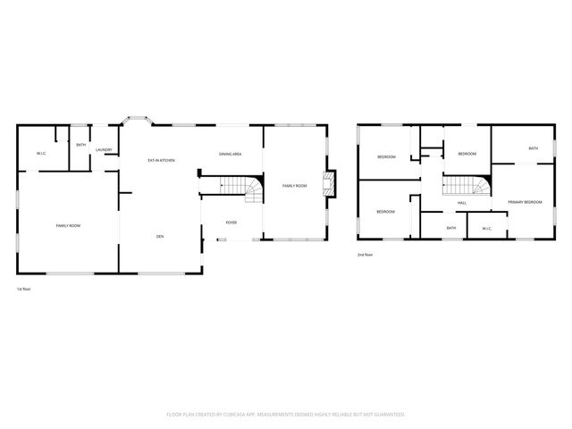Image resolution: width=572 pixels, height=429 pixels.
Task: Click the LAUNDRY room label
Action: click(x=105, y=150)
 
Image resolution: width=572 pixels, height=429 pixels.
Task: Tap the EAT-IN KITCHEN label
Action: click(x=161, y=160)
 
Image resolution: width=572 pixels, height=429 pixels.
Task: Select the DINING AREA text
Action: click(x=230, y=154)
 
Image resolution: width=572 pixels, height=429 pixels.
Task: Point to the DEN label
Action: click(x=160, y=236)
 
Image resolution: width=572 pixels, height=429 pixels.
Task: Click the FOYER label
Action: click(x=231, y=223)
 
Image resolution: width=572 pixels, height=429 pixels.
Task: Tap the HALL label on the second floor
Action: click(x=462, y=203)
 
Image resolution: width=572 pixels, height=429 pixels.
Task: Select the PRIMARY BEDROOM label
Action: click(x=526, y=203)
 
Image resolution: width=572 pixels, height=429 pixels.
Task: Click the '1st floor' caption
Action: click(x=24, y=289)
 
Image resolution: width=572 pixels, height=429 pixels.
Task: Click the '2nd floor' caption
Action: click(x=365, y=255)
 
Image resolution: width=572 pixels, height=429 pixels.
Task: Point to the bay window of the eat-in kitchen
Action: click(x=138, y=118)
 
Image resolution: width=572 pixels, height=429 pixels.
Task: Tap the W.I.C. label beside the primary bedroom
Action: click(x=487, y=228)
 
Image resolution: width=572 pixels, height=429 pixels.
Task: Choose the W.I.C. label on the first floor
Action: click(x=41, y=154)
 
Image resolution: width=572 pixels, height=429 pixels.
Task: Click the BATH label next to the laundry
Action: click(x=80, y=145)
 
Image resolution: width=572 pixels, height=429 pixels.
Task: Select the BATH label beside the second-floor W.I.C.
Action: click(x=451, y=228)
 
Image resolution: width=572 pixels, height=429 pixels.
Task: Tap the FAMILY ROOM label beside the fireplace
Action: click(x=294, y=185)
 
